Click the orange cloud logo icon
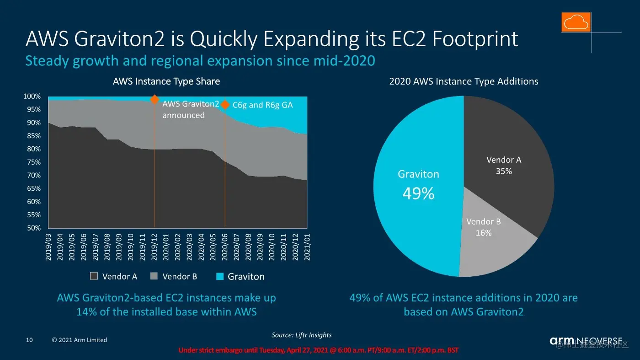click(x=576, y=22)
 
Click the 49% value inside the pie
click(x=418, y=194)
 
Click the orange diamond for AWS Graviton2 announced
click(x=155, y=100)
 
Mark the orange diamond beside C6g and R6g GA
click(x=225, y=105)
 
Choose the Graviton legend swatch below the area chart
click(x=220, y=276)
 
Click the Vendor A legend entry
click(x=114, y=276)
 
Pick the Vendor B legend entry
click(x=174, y=276)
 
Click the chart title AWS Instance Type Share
click(x=166, y=81)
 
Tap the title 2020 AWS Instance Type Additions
click(x=464, y=81)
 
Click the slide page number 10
click(x=29, y=340)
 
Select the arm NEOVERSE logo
click(x=586, y=341)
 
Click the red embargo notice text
click(x=318, y=350)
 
